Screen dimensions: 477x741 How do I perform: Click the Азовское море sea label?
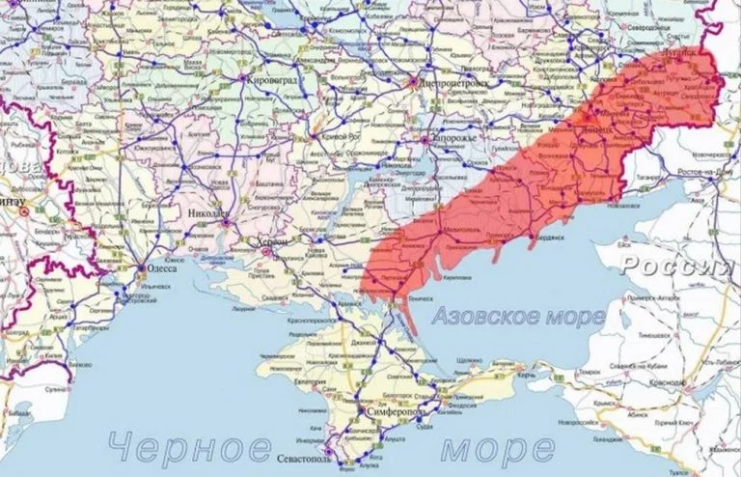coord(519,316)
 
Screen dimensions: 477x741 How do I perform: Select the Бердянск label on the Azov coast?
coord(553,235)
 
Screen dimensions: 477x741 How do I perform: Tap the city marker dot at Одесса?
coord(142,269)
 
